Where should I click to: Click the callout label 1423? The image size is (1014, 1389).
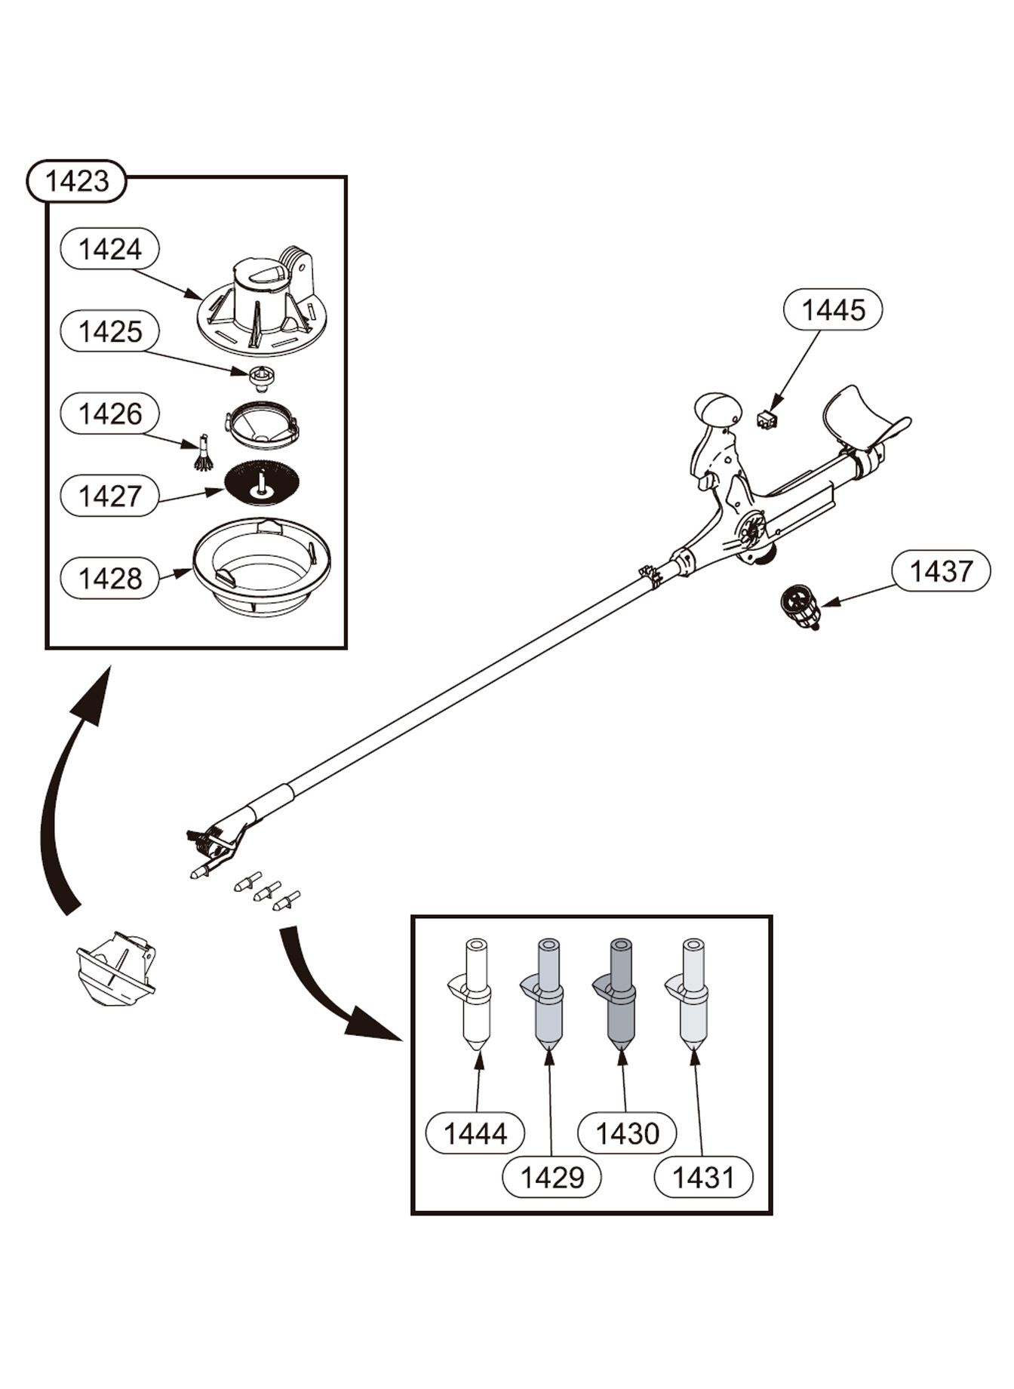76,181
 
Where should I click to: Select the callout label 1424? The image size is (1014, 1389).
109,249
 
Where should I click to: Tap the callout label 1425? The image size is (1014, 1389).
109,331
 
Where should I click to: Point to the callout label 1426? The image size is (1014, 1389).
109,413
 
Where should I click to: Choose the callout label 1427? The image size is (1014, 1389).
109,496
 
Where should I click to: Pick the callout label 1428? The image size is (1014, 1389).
109,578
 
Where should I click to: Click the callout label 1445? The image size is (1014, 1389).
833,309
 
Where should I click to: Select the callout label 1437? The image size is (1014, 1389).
941,571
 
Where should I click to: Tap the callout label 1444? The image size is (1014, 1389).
475,1132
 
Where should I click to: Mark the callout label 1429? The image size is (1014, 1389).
552,1176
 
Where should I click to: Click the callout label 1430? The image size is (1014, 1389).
627,1132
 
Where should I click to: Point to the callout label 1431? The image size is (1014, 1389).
703,1176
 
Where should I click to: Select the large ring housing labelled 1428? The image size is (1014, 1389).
261,566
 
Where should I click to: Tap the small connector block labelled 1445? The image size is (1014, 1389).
767,419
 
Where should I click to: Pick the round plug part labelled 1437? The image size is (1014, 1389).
800,607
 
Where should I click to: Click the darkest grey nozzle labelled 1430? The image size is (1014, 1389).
621,996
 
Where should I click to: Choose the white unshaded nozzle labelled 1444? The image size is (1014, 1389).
475,996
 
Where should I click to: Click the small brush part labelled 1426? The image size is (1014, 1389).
203,454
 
